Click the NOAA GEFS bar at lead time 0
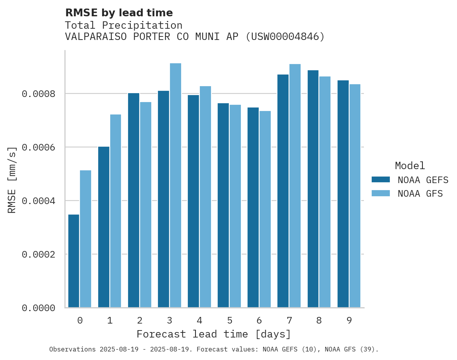74,261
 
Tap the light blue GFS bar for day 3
175,185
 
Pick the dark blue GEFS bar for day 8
313,189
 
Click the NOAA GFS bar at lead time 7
295,185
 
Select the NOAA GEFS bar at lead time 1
104,227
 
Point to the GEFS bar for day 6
253,208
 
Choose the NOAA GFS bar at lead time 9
355,196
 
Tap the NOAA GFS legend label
420,194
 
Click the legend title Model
410,166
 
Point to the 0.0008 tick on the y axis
39,94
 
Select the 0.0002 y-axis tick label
39,254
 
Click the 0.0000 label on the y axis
39,308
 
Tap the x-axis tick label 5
230,320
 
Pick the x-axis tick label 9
349,320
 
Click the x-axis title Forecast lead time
213,334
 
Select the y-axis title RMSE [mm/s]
12,180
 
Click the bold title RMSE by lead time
119,13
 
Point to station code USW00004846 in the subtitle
285,37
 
